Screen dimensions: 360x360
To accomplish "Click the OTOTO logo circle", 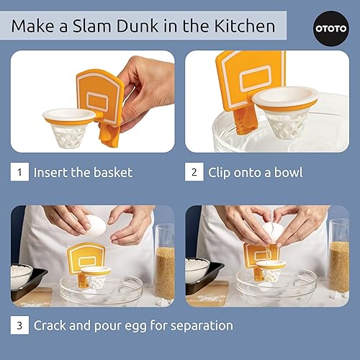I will (x=330, y=27).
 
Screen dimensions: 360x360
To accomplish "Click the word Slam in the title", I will (x=109, y=27).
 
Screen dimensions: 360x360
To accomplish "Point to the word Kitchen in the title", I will (x=243, y=27).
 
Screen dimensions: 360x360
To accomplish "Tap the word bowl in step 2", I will (x=286, y=173).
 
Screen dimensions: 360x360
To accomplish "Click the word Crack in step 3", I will (x=54, y=325).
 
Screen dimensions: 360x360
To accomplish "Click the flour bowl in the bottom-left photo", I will (x=23, y=274).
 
